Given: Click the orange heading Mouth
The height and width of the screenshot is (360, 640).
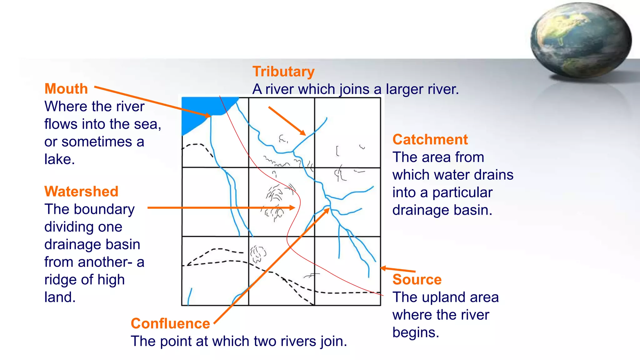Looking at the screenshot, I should pyautogui.click(x=66, y=89).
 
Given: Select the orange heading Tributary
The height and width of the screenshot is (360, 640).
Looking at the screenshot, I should pyautogui.click(x=283, y=72).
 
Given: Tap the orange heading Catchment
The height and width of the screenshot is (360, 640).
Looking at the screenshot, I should pyautogui.click(x=430, y=139).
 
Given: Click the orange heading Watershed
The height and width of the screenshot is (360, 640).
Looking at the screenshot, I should pyautogui.click(x=81, y=191).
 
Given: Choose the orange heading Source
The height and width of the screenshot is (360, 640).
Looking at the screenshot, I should pyautogui.click(x=417, y=279).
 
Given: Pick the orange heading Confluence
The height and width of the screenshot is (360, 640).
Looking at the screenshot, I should pyautogui.click(x=170, y=323).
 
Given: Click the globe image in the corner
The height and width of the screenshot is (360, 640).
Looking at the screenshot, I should pyautogui.click(x=581, y=41).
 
